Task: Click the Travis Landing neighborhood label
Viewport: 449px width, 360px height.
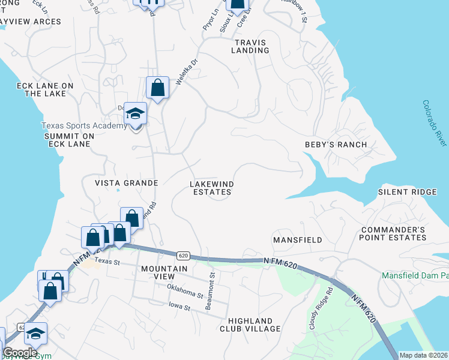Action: [x=252, y=46]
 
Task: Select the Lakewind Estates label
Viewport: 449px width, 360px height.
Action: [x=212, y=188]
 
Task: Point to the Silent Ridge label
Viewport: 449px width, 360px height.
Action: [x=407, y=192]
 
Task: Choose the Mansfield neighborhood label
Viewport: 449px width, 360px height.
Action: [x=298, y=240]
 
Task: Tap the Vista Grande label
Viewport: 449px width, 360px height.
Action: [x=126, y=183]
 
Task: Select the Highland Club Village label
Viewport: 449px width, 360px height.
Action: [x=250, y=325]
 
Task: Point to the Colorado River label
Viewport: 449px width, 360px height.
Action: [x=435, y=123]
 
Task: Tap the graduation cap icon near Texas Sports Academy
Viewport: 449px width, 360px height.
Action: [x=136, y=113]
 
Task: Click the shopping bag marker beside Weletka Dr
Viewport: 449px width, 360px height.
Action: [x=157, y=88]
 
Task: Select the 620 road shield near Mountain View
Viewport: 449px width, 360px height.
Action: [x=184, y=256]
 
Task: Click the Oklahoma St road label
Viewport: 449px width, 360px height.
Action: [x=185, y=293]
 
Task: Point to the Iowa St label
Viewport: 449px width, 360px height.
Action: [x=178, y=308]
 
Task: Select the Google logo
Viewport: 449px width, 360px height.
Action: [x=20, y=353]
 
